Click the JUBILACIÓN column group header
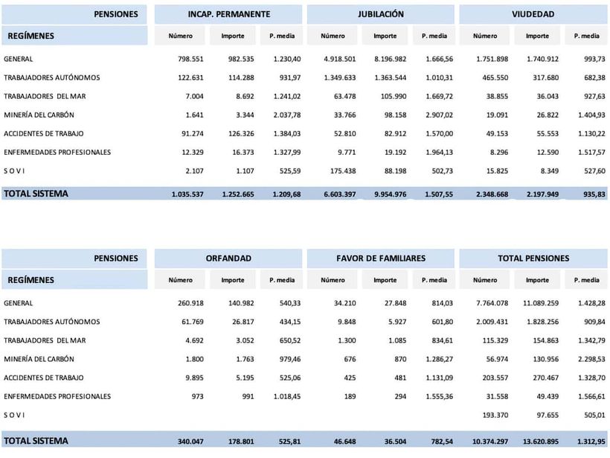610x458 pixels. click(x=380, y=14)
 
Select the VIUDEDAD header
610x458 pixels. click(x=533, y=14)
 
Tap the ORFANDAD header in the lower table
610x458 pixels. click(x=228, y=258)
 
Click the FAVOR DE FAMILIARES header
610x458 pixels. click(x=380, y=258)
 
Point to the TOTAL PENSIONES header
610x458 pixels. click(x=533, y=258)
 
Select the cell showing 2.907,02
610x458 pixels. click(x=437, y=115)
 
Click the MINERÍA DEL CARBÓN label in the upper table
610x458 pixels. click(x=39, y=115)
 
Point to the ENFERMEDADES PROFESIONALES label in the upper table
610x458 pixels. click(x=57, y=152)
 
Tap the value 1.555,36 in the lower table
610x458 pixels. click(x=437, y=396)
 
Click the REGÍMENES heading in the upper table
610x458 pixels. click(x=30, y=35)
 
